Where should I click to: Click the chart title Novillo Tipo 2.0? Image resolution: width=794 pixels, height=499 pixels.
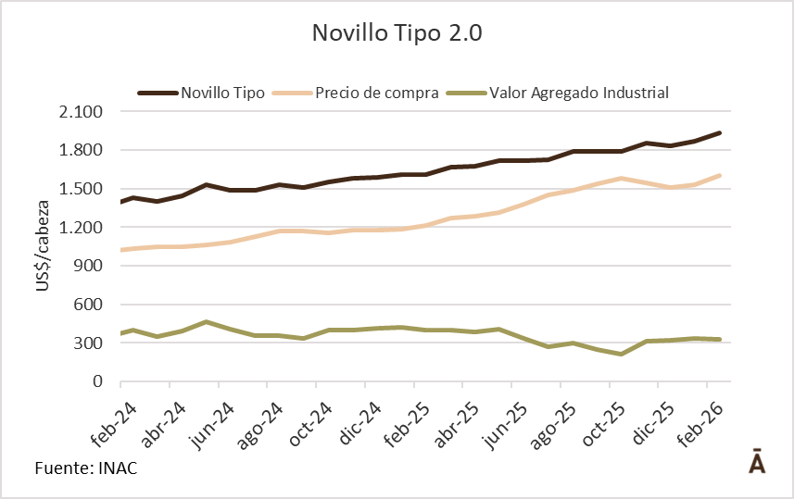(397, 34)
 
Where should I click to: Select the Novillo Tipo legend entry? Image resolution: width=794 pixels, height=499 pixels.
(223, 93)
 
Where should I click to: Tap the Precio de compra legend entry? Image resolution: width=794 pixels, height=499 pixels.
(376, 93)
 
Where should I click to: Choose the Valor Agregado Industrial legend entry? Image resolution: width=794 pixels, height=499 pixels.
(579, 93)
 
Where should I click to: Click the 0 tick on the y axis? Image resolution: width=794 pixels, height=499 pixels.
(97, 381)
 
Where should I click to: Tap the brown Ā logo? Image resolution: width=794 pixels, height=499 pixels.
(757, 461)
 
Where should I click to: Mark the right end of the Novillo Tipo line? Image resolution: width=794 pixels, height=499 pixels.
(720, 133)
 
